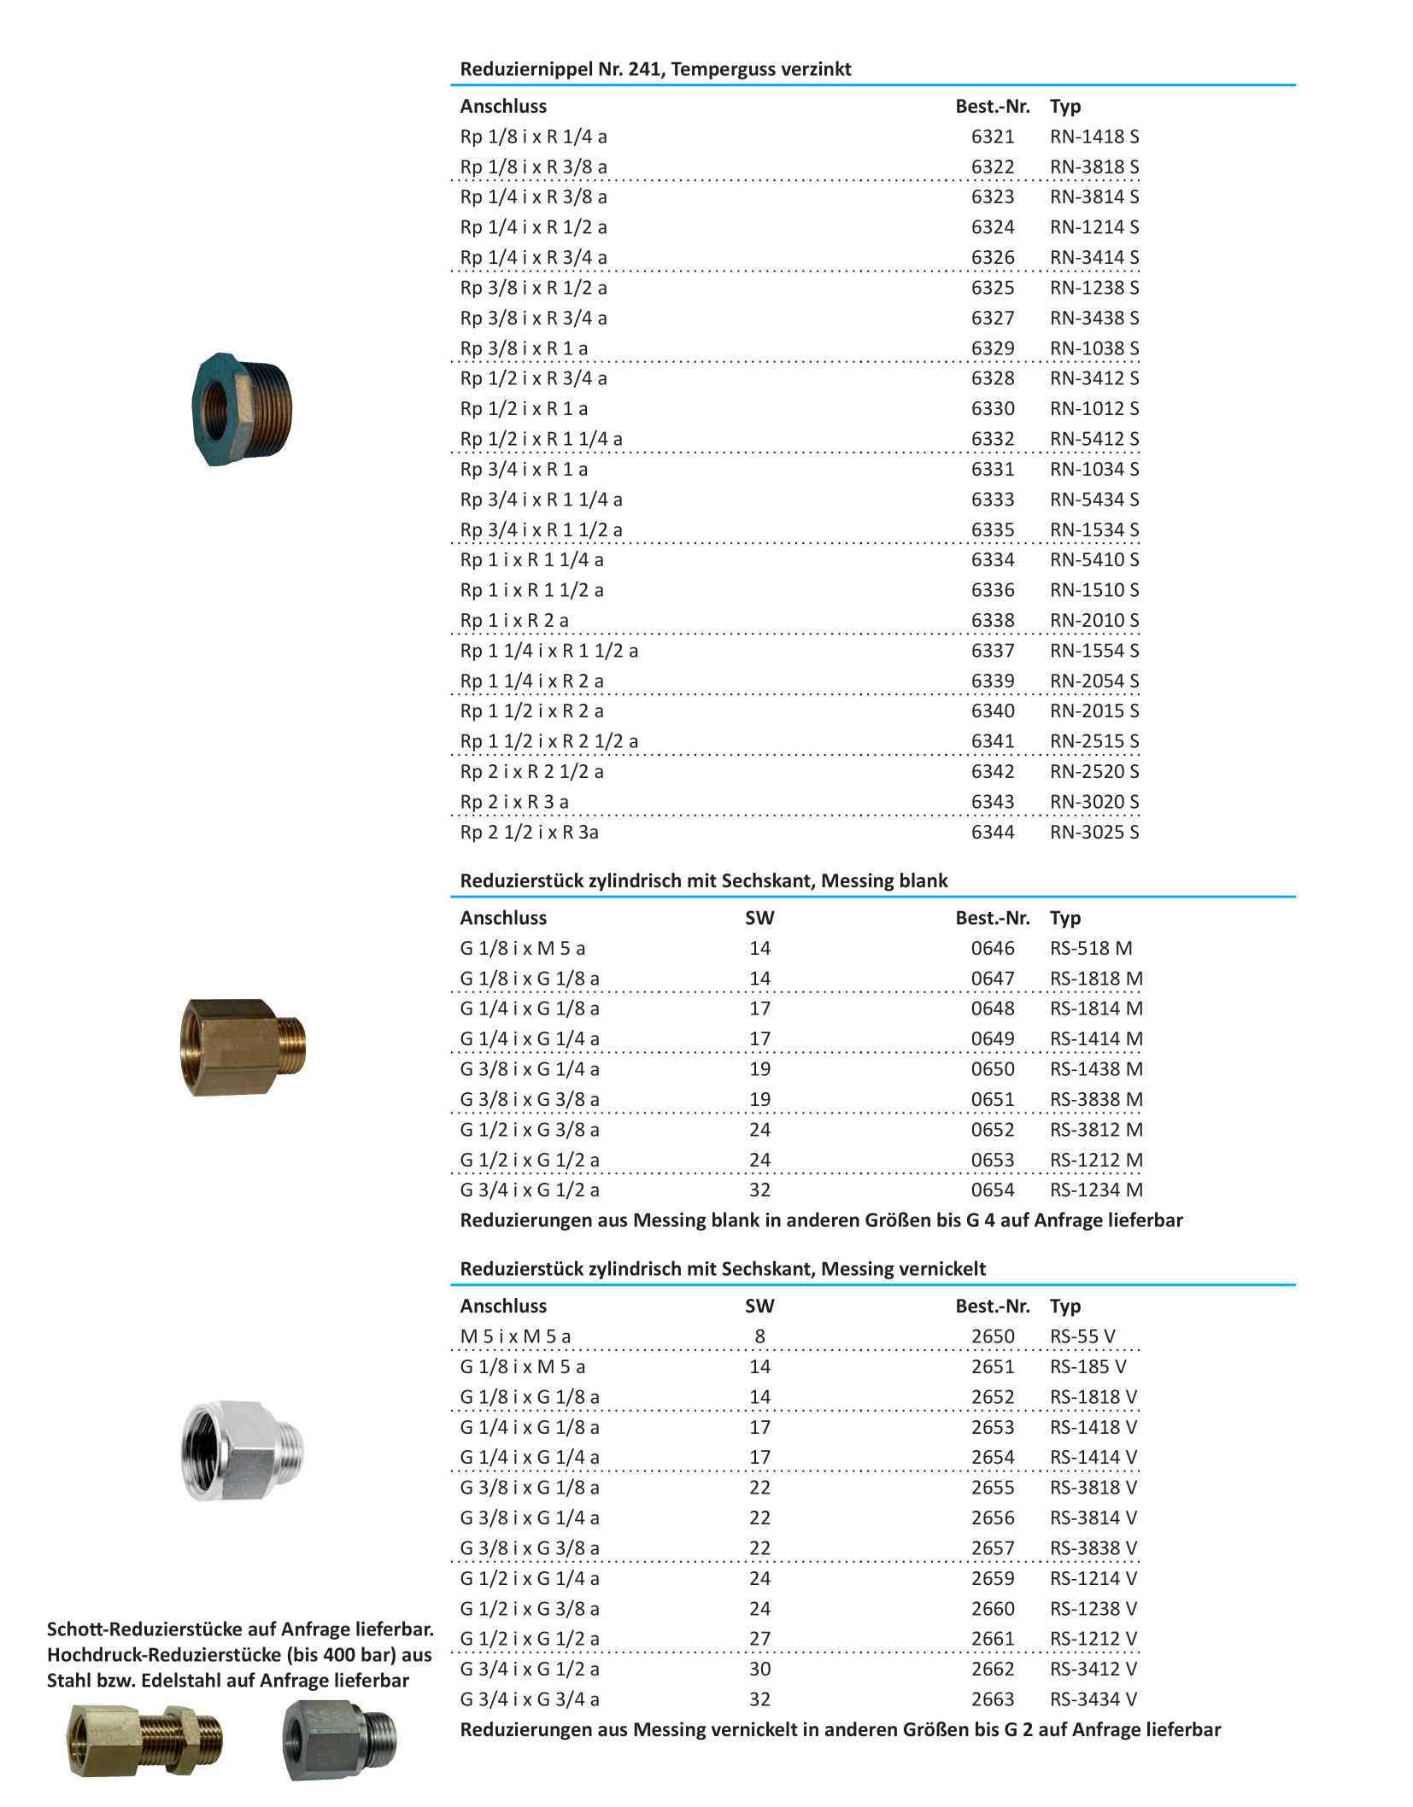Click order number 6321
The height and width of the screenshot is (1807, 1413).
(x=992, y=137)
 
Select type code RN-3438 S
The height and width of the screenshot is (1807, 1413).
(x=1093, y=318)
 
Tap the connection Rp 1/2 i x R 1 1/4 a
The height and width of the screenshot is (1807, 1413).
(x=541, y=439)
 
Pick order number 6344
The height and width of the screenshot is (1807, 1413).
(x=992, y=832)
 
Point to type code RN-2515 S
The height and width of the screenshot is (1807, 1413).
(x=1093, y=741)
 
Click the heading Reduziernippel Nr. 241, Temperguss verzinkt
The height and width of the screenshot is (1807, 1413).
(x=655, y=69)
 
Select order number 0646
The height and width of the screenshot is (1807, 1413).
(x=992, y=948)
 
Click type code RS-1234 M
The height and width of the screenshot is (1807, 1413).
(x=1095, y=1190)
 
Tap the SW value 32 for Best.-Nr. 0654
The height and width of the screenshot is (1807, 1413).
(x=759, y=1190)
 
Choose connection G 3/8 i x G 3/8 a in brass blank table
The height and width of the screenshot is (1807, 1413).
(x=530, y=1099)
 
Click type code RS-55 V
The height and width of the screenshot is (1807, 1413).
(x=1082, y=1336)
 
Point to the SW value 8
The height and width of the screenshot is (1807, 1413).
(x=759, y=1336)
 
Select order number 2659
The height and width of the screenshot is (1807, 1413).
(x=992, y=1578)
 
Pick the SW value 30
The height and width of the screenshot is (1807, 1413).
(x=759, y=1669)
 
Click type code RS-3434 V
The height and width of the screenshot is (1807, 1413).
(x=1093, y=1699)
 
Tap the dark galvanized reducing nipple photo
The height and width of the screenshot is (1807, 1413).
(x=242, y=409)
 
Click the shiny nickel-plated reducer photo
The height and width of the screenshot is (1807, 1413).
(x=243, y=1450)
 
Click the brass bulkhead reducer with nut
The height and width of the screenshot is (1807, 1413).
(x=145, y=1739)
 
